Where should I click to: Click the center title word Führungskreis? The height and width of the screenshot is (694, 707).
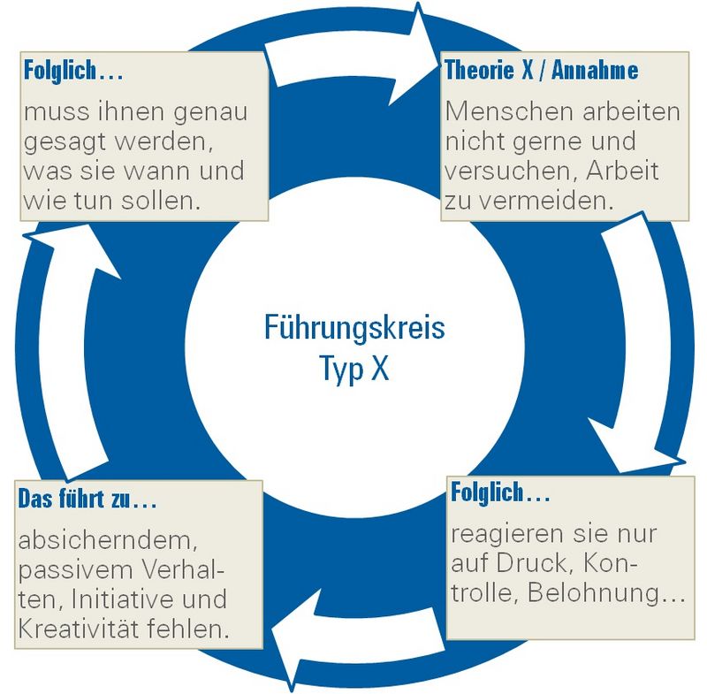click(x=354, y=327)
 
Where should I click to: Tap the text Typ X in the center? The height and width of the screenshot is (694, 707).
click(x=354, y=368)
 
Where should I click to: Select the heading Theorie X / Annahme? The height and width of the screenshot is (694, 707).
click(x=542, y=70)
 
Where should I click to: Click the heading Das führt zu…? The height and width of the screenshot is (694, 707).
click(x=87, y=499)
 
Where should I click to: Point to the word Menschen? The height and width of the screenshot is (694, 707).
click(x=511, y=111)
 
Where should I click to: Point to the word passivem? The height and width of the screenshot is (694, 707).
click(x=75, y=571)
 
